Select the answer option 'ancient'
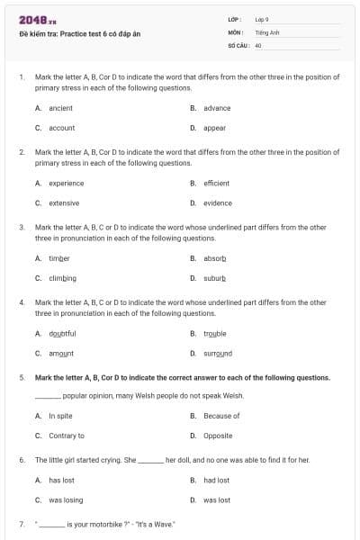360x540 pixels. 60,108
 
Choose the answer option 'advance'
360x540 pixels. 217,108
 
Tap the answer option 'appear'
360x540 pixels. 214,128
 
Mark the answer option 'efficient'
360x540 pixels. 216,183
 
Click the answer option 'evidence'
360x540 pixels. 217,202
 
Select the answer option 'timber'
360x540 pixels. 58,258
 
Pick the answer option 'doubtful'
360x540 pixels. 62,333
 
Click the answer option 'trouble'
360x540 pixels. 215,333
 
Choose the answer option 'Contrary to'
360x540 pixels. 66,436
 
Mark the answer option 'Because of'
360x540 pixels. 221,416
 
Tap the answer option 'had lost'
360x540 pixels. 216,480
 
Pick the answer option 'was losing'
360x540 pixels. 65,499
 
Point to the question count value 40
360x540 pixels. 258,44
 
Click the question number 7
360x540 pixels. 21,523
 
